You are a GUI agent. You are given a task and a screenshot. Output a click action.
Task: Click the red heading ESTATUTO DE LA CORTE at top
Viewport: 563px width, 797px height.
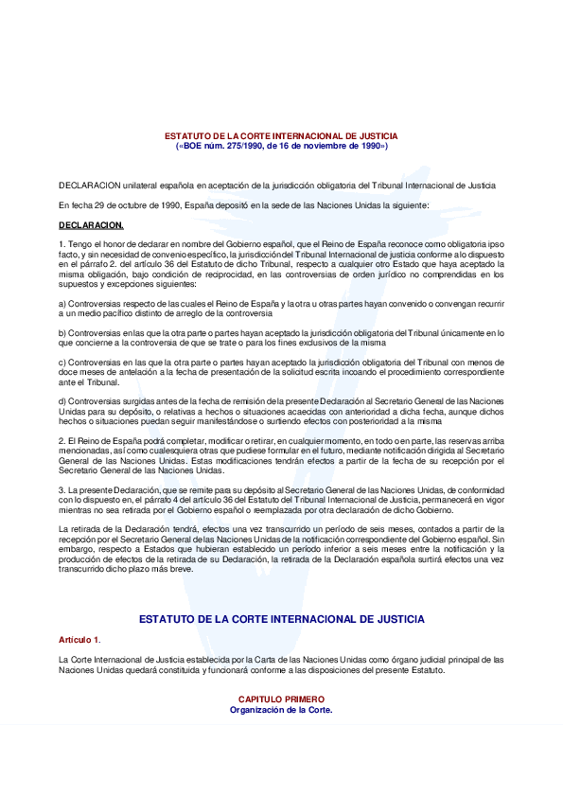(281, 136)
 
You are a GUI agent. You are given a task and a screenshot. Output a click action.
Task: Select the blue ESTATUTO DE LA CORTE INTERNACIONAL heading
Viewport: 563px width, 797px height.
(281, 619)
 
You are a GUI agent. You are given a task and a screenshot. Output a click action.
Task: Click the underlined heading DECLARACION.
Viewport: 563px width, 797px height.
(91, 225)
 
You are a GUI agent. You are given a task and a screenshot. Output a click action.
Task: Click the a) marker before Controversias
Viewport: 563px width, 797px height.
(62, 303)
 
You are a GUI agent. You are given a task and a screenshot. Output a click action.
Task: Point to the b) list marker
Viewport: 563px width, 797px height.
(62, 332)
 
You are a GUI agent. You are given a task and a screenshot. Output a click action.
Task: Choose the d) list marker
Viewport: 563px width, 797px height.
(62, 402)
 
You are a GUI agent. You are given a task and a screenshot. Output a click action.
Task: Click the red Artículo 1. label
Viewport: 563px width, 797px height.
(79, 641)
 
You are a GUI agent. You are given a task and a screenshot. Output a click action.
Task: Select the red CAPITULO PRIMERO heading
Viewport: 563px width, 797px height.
(281, 700)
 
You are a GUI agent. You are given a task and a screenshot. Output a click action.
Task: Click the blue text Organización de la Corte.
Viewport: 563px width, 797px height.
(281, 709)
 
